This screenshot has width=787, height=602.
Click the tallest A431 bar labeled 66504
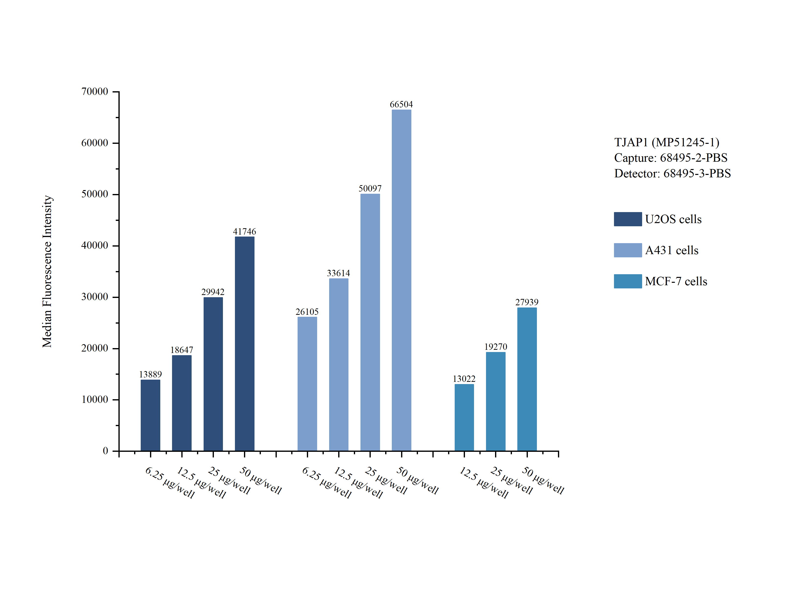click(401, 280)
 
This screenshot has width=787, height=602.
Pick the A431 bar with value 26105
click(307, 383)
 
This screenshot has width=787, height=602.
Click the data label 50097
click(370, 189)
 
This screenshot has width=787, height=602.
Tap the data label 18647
click(181, 350)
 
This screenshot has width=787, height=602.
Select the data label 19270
click(495, 347)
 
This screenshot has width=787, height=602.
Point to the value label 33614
click(338, 273)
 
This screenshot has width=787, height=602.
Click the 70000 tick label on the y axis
click(95, 92)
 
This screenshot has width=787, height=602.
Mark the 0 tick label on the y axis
click(105, 451)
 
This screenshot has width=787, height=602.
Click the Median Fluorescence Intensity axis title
click(47, 271)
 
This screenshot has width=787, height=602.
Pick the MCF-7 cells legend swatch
click(627, 281)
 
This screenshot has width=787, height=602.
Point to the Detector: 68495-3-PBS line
click(672, 173)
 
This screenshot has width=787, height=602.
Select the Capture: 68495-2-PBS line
click(670, 158)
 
